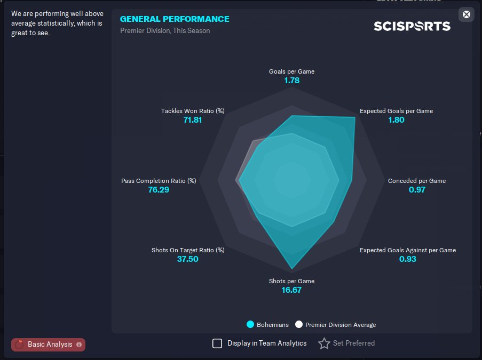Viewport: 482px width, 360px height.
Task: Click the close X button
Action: [466, 14]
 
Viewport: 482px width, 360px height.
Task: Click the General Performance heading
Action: [175, 19]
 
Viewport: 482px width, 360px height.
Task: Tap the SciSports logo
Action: [412, 26]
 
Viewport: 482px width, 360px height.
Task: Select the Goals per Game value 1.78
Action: [292, 81]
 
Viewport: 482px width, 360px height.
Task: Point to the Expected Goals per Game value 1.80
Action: [396, 120]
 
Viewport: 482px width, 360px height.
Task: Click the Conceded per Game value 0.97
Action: [417, 189]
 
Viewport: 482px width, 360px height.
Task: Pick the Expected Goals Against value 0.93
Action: [408, 259]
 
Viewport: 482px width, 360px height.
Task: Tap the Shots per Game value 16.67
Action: [291, 290]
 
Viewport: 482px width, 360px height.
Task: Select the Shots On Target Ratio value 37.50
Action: [188, 259]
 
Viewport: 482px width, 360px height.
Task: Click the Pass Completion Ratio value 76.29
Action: [159, 189]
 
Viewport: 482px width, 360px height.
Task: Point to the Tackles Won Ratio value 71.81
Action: [193, 120]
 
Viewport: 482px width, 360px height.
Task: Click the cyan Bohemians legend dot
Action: [250, 324]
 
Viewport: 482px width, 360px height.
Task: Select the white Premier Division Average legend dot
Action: [299, 324]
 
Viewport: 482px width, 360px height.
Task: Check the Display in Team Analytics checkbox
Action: [217, 343]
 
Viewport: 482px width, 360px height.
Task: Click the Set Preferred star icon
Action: [324, 343]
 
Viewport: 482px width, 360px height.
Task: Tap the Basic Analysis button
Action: [48, 345]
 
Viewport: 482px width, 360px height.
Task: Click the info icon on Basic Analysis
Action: [79, 345]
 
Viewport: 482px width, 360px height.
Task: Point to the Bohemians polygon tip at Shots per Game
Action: [292, 269]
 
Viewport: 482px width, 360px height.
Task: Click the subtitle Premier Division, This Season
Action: [165, 31]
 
